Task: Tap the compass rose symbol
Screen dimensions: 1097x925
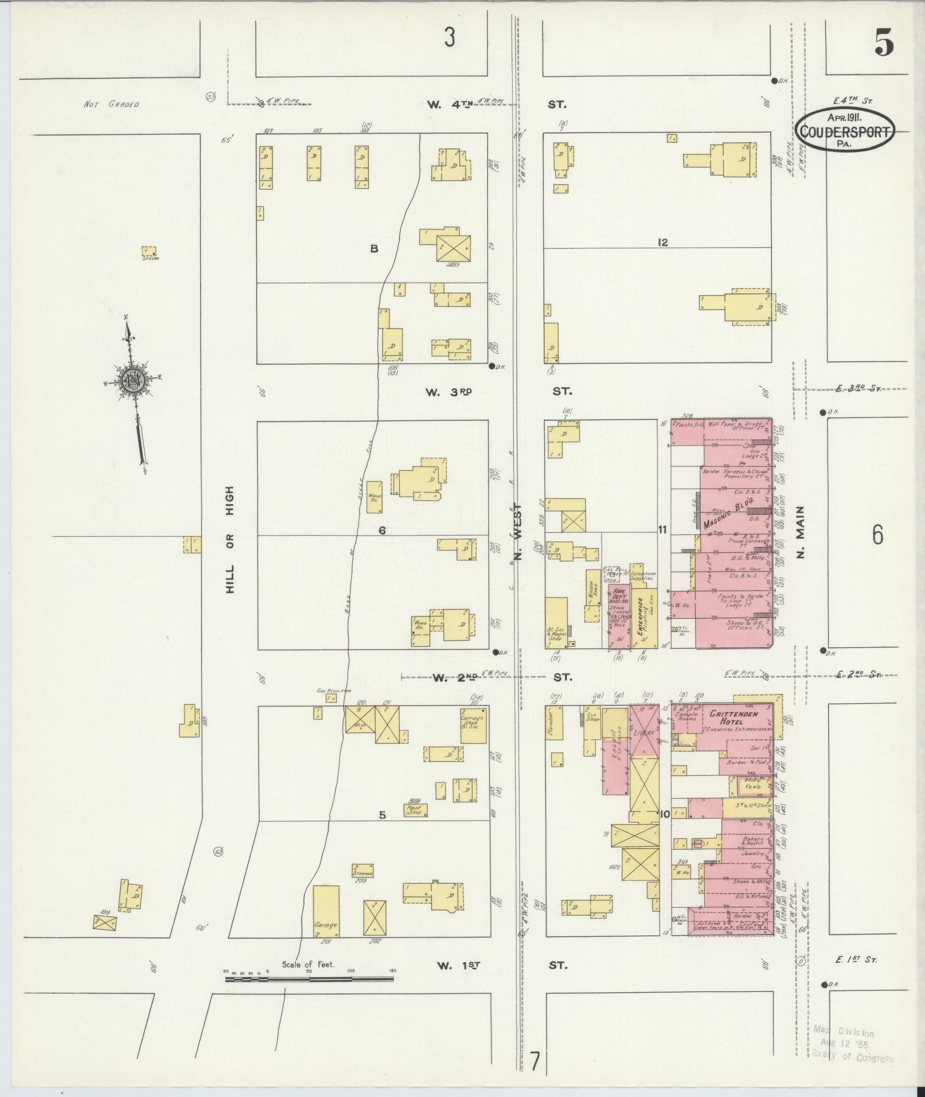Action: [132, 379]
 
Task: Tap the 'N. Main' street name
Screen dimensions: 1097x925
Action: [801, 532]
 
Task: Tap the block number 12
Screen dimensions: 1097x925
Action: [663, 243]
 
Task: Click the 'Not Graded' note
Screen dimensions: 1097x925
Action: [111, 104]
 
